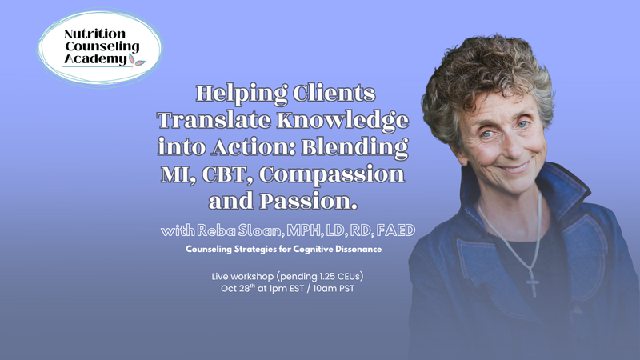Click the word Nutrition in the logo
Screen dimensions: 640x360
94,34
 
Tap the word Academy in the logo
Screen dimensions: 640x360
95,59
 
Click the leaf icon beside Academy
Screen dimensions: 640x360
137,61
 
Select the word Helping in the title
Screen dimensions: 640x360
242,94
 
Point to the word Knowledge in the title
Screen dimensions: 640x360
343,121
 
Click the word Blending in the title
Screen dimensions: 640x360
354,148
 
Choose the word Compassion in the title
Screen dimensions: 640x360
332,174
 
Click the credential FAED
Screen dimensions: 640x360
395,230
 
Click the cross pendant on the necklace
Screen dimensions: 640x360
533,283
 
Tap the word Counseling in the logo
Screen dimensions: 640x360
102,46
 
